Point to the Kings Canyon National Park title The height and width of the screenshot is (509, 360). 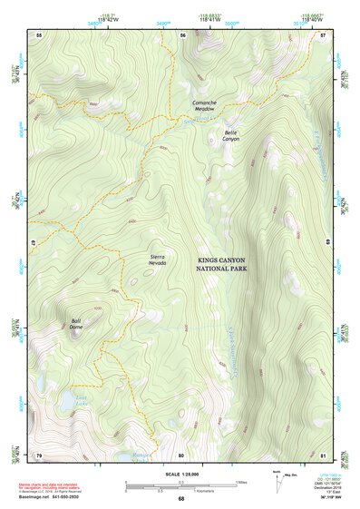coord(228,264)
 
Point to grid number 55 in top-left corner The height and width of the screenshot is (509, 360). coord(39,35)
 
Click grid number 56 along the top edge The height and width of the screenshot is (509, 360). coord(182,35)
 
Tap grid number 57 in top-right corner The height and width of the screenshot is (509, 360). coord(324,35)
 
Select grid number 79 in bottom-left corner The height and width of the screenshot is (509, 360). coord(39,455)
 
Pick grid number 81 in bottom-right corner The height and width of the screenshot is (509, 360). coord(324,455)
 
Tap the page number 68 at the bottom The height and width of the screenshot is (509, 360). coord(180,499)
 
